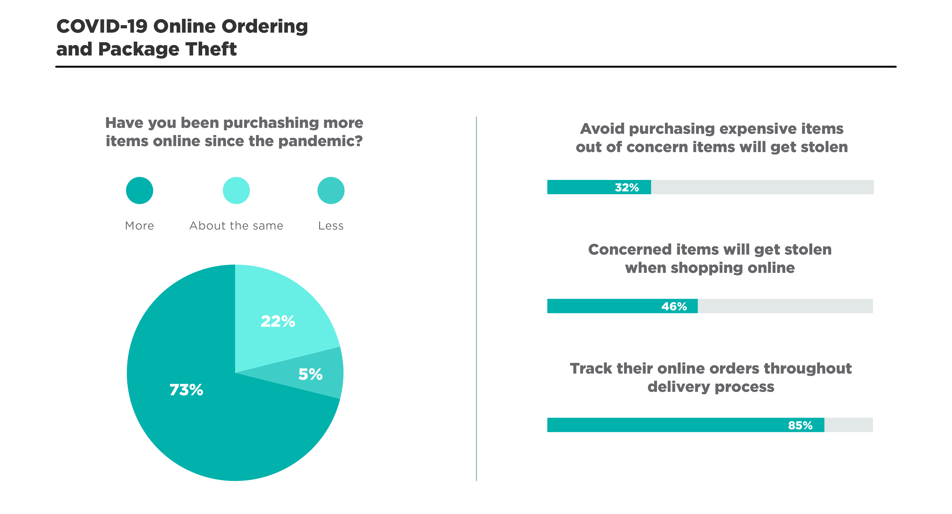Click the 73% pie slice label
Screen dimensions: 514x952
[186, 390]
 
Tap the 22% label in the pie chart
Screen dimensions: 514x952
[278, 321]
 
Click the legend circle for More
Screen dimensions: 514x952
[139, 190]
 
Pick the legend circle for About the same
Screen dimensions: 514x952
[236, 190]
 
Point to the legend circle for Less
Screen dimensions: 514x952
[331, 190]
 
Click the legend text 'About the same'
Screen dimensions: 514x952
[236, 226]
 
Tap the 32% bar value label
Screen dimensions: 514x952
[627, 187]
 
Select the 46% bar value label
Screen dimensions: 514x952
[674, 306]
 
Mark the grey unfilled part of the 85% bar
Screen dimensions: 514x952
[849, 425]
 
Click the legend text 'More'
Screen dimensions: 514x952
[139, 226]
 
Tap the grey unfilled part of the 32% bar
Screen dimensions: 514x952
[762, 187]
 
